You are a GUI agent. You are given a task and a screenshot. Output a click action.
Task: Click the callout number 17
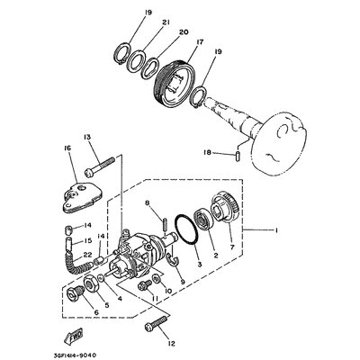[200, 42]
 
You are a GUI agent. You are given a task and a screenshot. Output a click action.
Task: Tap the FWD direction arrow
[74, 336]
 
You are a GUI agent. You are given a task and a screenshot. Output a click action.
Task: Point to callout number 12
[171, 344]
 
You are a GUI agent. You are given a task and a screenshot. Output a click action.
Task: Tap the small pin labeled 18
[238, 157]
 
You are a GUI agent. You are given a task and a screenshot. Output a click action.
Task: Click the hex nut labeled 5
[92, 283]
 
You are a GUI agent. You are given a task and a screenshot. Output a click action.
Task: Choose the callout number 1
[275, 230]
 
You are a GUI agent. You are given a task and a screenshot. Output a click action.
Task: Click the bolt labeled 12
[156, 323]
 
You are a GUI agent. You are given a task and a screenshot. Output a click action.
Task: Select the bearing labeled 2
[204, 221]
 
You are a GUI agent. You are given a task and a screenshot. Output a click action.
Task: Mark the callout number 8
[147, 203]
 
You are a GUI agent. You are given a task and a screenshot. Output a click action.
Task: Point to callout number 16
[67, 148]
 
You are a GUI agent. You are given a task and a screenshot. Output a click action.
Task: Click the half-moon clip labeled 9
[174, 259]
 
